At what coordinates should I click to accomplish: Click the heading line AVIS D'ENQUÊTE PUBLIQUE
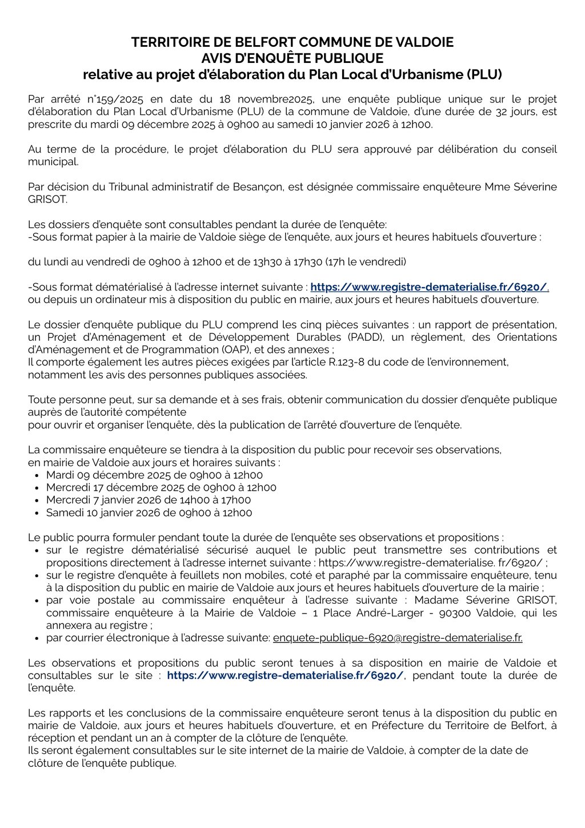[x=292, y=58]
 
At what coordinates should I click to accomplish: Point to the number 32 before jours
[x=503, y=112]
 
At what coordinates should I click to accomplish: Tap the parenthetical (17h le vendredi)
[x=366, y=262]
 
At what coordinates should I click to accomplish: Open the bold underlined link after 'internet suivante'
[x=429, y=287]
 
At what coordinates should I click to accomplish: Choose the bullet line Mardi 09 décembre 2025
[x=154, y=475]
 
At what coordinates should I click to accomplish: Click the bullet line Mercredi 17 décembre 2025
[x=161, y=488]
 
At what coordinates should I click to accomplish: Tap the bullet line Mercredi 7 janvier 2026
[x=149, y=500]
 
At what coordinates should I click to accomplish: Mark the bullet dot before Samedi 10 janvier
[x=37, y=513]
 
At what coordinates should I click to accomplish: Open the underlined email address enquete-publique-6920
[x=398, y=638]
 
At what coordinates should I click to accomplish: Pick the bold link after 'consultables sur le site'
[x=286, y=675]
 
